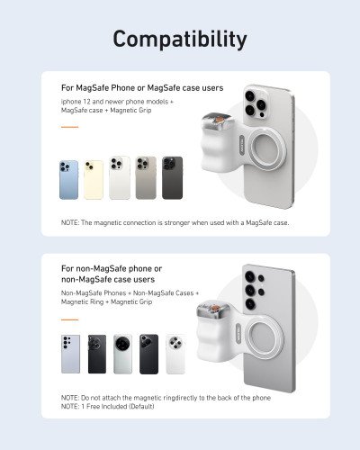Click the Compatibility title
tap(180, 39)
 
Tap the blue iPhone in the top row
tap(69, 179)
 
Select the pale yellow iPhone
tap(94, 179)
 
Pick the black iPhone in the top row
tap(172, 178)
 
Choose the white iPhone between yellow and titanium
tap(119, 178)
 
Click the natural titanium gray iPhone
tap(145, 178)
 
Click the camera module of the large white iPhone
tap(254, 101)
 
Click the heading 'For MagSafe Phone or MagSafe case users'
tap(142, 88)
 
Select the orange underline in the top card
tap(69, 127)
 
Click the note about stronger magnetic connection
tap(175, 222)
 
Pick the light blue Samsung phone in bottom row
tap(70, 354)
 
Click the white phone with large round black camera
tap(122, 354)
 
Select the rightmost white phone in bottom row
tap(175, 354)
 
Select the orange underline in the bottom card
tap(69, 319)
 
